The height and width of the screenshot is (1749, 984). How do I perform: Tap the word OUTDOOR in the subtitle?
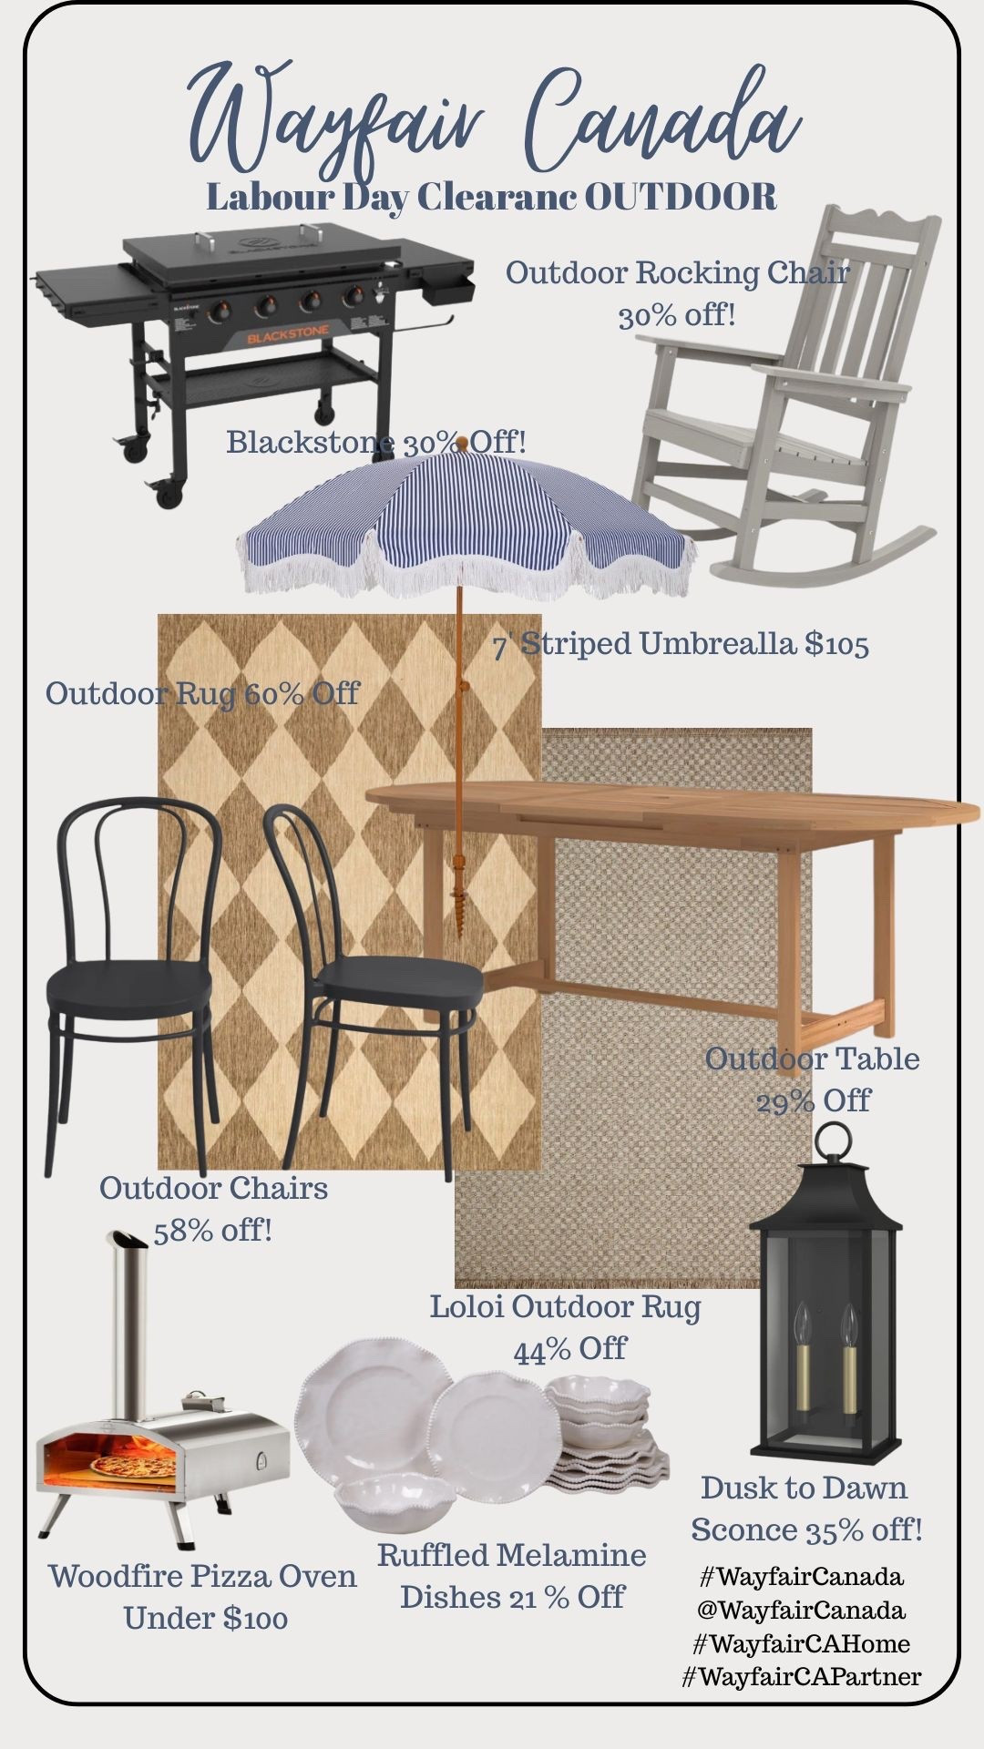click(x=680, y=197)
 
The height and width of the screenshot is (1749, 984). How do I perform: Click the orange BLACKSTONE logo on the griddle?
click(x=291, y=338)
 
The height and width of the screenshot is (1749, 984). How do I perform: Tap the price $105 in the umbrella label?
click(x=836, y=645)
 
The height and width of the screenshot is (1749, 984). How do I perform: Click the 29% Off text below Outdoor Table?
click(x=813, y=1100)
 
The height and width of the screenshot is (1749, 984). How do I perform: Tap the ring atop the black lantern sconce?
click(x=833, y=1142)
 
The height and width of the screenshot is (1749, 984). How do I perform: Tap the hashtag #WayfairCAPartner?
click(x=802, y=1676)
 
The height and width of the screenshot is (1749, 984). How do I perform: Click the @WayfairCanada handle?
click(x=802, y=1611)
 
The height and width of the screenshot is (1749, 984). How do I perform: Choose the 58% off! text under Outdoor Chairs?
click(x=212, y=1231)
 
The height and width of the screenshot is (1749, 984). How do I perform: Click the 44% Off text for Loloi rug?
click(x=569, y=1349)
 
